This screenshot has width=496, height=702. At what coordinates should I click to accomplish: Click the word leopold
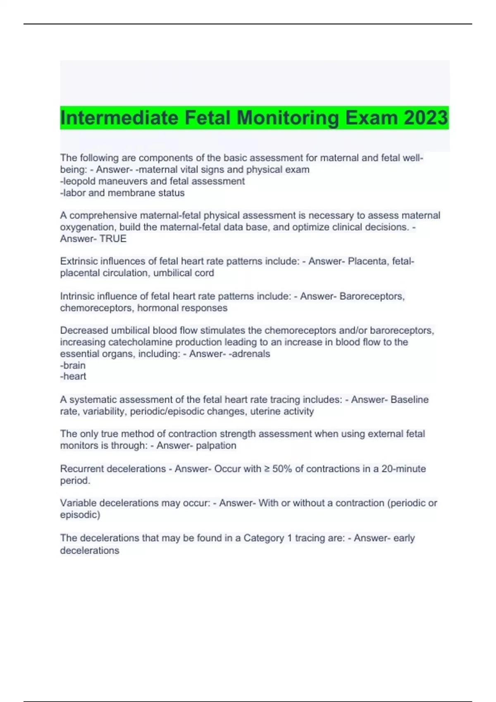pos(78,181)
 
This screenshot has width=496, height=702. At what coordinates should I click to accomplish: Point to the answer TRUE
pos(113,239)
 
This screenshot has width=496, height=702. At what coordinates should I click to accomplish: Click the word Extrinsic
pos(79,261)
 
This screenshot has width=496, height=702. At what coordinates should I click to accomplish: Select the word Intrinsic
pos(77,296)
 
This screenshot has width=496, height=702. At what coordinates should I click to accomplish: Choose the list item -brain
pos(73,365)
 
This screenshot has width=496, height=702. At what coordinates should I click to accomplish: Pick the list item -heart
pos(73,376)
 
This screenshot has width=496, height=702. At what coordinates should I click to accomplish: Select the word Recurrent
pos(83,469)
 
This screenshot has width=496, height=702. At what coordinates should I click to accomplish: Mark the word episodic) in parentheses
pos(80,515)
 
